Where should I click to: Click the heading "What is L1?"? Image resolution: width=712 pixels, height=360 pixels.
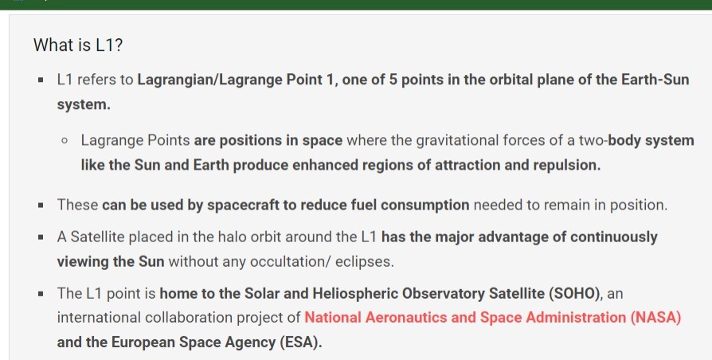(x=78, y=45)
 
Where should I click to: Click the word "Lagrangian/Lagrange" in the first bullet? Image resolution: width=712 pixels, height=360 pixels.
(x=210, y=80)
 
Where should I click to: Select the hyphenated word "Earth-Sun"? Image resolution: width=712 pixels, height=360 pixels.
(x=655, y=80)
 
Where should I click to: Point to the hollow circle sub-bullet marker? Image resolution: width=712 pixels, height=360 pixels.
(x=65, y=141)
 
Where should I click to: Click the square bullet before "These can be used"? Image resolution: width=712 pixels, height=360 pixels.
(x=41, y=205)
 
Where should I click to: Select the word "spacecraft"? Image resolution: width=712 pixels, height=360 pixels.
(x=243, y=205)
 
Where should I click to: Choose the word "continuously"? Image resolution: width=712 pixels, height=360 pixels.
(x=614, y=237)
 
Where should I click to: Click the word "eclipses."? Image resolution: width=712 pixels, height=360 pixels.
(x=365, y=262)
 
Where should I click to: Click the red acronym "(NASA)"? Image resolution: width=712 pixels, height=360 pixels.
(x=655, y=318)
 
